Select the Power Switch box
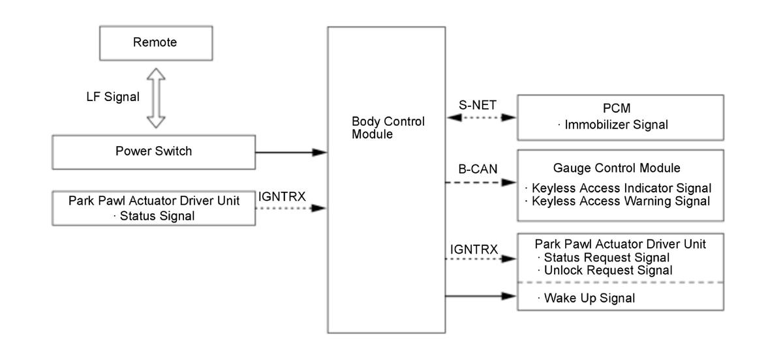point(155,151)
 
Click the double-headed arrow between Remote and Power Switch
point(155,98)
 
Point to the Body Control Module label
point(388,128)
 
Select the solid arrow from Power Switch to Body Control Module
point(290,153)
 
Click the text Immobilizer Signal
point(617,125)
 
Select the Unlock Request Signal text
point(605,270)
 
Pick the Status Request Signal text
point(602,257)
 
